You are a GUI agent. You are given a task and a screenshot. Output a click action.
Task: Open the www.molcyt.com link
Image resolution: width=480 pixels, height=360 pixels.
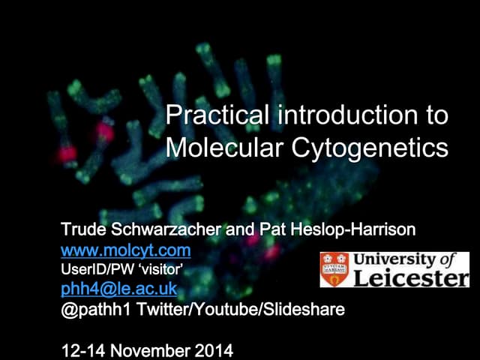coord(125,249)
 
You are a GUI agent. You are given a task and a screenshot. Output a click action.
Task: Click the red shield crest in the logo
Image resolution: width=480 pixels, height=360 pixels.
coord(334,269)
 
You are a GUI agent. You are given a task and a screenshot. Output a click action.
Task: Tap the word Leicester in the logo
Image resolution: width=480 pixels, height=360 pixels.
coord(409,278)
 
